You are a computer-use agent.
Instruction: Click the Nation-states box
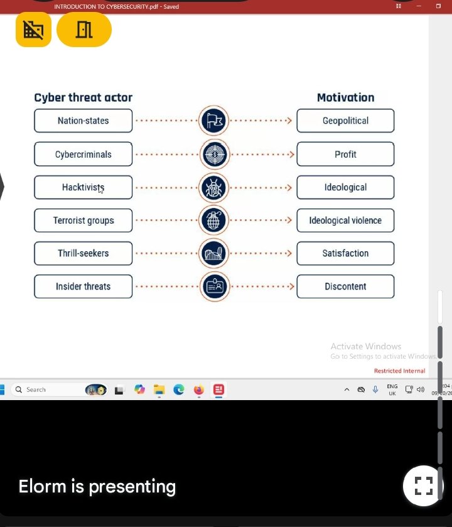tap(83, 121)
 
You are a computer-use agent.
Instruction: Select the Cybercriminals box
tap(83, 154)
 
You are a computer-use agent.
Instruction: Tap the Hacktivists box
tap(83, 187)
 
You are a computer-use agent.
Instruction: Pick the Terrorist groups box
tap(83, 220)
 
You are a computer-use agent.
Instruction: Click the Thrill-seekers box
tap(83, 253)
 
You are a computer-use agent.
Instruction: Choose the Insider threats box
tap(83, 286)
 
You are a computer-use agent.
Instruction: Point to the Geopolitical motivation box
tap(345, 121)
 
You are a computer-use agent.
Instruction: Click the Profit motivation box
tap(345, 154)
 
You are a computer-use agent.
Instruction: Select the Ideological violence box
tap(345, 220)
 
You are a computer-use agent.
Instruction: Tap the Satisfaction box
tap(345, 253)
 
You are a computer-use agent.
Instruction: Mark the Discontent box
tap(345, 286)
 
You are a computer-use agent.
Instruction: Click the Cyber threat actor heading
tap(83, 97)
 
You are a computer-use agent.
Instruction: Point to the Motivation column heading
tap(345, 97)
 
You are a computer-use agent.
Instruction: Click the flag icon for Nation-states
tap(214, 121)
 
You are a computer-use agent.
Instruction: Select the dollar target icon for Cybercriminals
tap(214, 154)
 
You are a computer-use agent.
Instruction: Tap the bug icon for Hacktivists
tap(214, 187)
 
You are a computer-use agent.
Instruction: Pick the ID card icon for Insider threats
tap(214, 286)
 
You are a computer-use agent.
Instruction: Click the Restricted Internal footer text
tap(399, 371)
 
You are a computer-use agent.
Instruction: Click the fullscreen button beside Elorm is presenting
tap(423, 486)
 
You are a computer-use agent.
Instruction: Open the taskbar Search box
tap(47, 389)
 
